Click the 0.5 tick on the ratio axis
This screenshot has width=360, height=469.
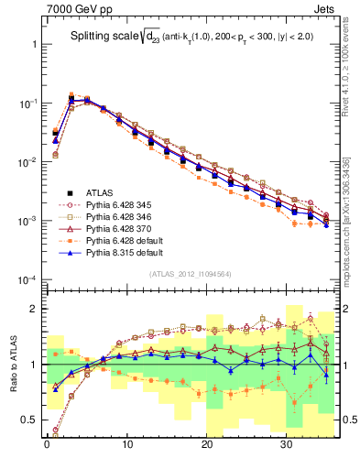28,420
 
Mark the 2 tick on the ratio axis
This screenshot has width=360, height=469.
34,309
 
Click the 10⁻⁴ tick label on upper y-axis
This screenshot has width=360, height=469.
26,279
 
